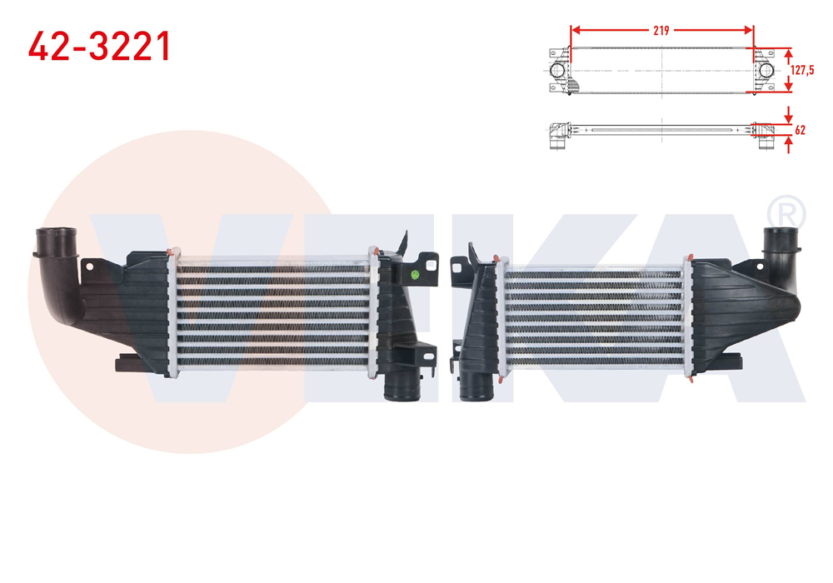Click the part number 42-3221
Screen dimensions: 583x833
tap(100, 47)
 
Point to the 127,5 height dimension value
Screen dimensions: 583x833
tap(801, 71)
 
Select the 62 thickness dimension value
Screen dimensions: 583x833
tap(801, 131)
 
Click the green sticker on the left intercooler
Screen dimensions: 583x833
tap(414, 274)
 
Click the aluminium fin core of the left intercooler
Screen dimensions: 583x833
tap(271, 312)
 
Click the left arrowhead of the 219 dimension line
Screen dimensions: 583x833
tap(573, 31)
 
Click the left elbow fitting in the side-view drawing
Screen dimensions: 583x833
tap(556, 136)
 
